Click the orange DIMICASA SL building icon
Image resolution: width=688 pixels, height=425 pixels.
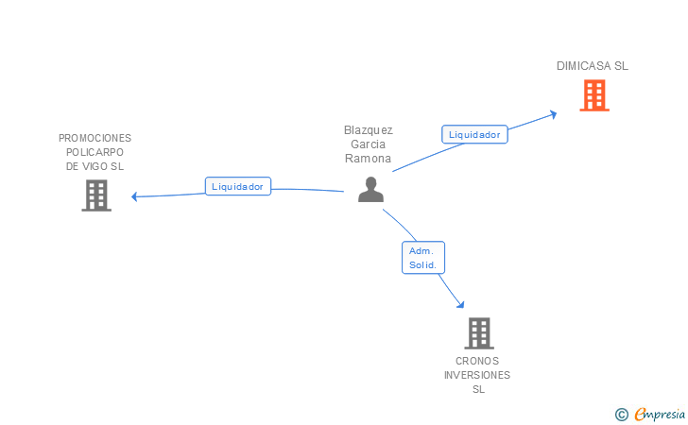click(593, 95)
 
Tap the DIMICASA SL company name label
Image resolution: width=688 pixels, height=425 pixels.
click(593, 66)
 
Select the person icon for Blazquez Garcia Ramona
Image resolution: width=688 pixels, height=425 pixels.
click(370, 190)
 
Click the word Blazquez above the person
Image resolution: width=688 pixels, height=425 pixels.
click(369, 130)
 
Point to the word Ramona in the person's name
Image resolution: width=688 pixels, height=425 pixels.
click(369, 159)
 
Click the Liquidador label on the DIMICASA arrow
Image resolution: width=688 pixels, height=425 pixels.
click(474, 134)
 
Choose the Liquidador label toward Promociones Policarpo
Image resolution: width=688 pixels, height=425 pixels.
click(238, 186)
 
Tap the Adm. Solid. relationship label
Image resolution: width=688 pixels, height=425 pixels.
click(422, 258)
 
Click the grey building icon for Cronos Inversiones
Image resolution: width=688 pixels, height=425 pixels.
click(478, 333)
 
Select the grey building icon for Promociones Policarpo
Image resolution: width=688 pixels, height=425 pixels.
click(96, 195)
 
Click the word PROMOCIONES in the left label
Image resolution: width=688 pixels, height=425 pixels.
click(95, 138)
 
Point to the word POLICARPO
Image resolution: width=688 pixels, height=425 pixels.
click(95, 152)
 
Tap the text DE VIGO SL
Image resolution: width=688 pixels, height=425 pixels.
click(95, 166)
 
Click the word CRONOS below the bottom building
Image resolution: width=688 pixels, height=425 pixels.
click(477, 361)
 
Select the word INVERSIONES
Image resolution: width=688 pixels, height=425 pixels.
click(477, 375)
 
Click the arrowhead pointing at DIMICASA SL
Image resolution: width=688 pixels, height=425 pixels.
click(554, 112)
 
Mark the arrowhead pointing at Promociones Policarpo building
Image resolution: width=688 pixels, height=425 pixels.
click(135, 196)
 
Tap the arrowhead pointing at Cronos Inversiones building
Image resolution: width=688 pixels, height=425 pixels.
click(460, 304)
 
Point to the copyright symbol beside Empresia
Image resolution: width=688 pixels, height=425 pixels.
click(621, 414)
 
